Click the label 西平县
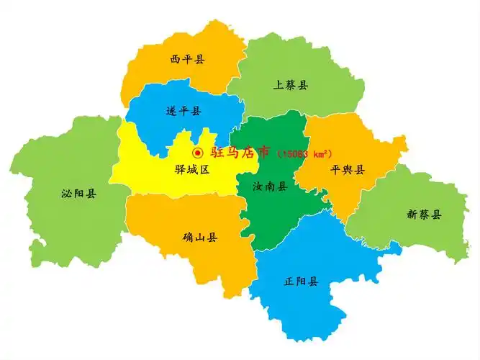click(x=187, y=59)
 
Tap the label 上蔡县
click(x=290, y=85)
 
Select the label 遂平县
click(x=184, y=111)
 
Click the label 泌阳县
click(x=80, y=193)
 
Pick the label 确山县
click(x=200, y=237)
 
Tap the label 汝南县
click(x=270, y=186)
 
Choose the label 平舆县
click(x=348, y=170)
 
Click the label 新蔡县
click(x=424, y=214)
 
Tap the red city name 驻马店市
click(x=240, y=152)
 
